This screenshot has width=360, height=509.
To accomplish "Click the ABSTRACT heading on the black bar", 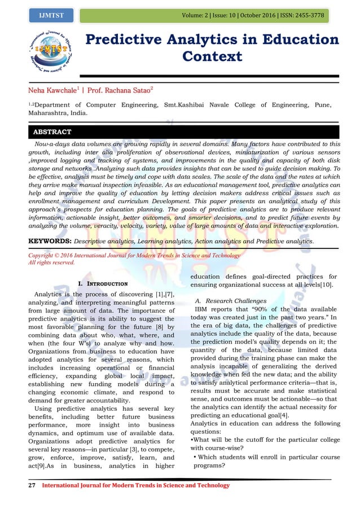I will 52,132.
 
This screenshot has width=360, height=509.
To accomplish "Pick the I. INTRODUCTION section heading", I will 104,283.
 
